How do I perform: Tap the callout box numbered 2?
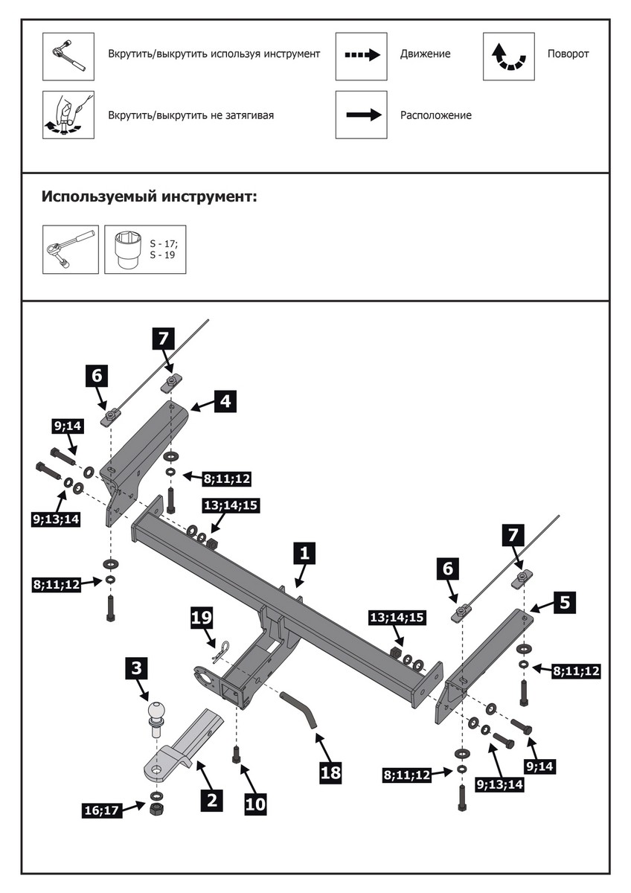pyautogui.click(x=211, y=799)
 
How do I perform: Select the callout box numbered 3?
pyautogui.click(x=135, y=668)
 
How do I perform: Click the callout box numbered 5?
pyautogui.click(x=565, y=602)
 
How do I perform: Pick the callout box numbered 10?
pyautogui.click(x=254, y=803)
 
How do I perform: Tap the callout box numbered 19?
pyautogui.click(x=202, y=618)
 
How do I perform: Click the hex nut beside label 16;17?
pyautogui.click(x=157, y=807)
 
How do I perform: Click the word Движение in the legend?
pyautogui.click(x=425, y=54)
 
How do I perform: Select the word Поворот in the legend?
pyautogui.click(x=568, y=54)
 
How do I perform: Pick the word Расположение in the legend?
pyautogui.click(x=435, y=115)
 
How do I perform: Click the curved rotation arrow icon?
pyautogui.click(x=509, y=56)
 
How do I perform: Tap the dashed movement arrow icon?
pyautogui.click(x=361, y=56)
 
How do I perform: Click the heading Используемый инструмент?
pyautogui.click(x=149, y=197)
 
